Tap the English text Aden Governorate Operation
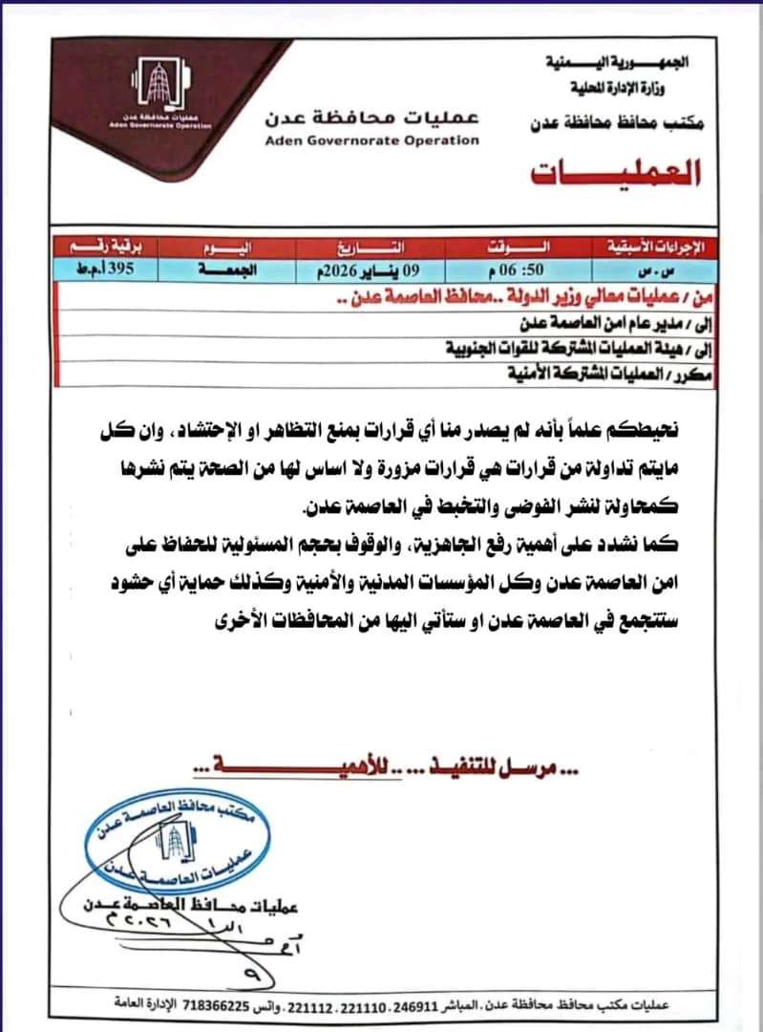(372, 140)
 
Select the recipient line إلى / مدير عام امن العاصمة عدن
(611, 326)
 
